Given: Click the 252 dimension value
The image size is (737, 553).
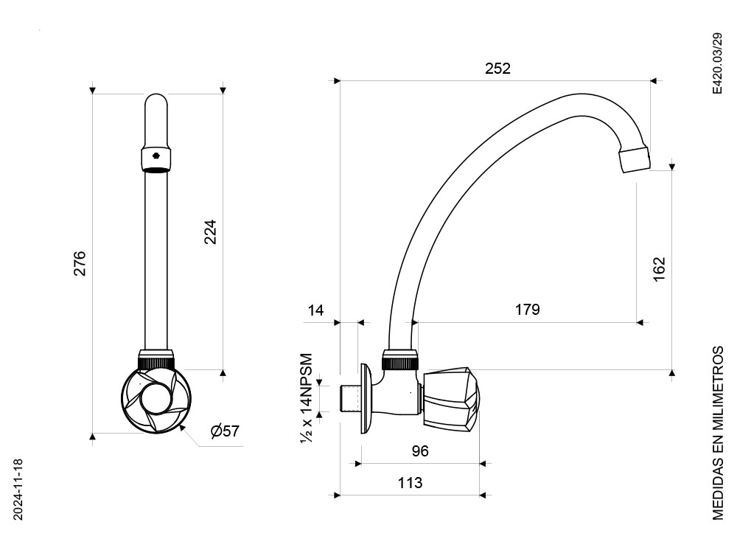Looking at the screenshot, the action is point(497,69).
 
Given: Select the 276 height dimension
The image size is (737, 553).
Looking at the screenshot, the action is point(80,263).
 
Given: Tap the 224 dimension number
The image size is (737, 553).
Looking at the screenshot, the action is point(210,232).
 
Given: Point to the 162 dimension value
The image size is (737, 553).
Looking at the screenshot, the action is point(660,269).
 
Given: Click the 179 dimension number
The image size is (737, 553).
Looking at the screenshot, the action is point(528,310).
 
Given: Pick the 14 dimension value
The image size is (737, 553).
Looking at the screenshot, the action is point(315,310).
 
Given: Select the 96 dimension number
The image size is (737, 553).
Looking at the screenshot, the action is point(420,451).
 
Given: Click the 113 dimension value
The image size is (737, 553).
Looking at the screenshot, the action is point(410,483).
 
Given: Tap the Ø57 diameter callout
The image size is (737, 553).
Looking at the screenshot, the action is point(225,431).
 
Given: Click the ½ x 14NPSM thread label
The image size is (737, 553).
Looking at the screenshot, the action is point(306,397).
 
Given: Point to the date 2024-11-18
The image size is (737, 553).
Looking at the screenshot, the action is point(18,490).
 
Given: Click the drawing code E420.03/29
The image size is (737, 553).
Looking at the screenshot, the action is point(717,63).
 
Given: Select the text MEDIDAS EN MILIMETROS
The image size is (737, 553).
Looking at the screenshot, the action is point(718,433).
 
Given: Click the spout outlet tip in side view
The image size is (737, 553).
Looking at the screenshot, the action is point(635,160).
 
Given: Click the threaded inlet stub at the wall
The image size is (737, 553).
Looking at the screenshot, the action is point(349,398).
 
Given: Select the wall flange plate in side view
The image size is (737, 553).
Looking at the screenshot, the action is point(368,398).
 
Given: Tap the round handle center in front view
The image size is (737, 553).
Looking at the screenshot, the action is point(156,397).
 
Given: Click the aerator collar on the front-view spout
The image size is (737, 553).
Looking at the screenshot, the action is point(156,160).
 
